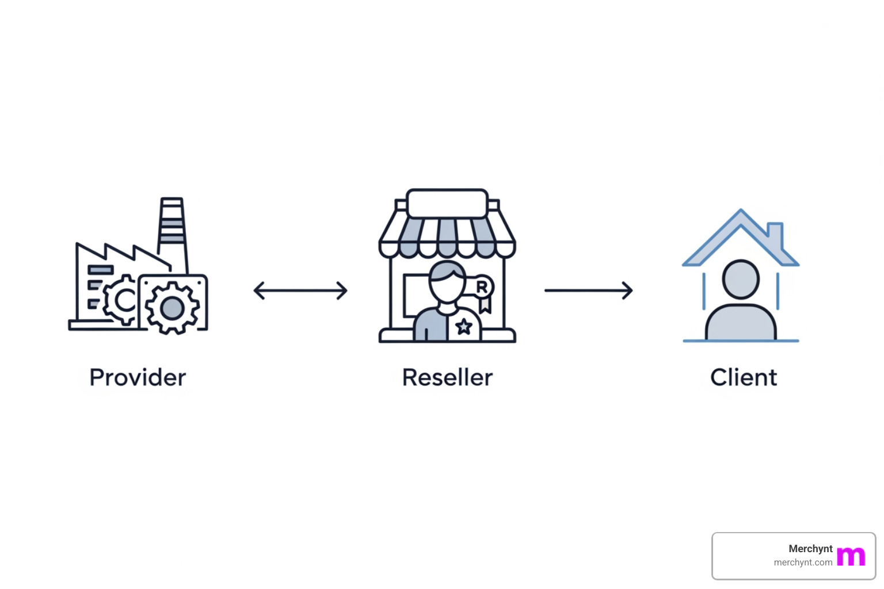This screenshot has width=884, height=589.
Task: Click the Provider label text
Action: [x=138, y=378]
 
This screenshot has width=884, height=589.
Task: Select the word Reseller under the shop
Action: [x=447, y=378]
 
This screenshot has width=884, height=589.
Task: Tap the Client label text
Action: [x=743, y=378]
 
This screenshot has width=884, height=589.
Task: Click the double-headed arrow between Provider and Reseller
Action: [x=300, y=290]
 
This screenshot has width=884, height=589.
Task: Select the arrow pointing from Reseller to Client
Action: [x=588, y=290]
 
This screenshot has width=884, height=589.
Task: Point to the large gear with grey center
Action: [x=172, y=308]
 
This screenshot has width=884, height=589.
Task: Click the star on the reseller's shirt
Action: [x=464, y=327]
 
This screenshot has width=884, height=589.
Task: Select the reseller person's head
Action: [x=447, y=282]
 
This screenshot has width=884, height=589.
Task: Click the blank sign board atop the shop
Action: [x=447, y=204]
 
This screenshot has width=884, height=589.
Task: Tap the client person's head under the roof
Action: [x=741, y=279]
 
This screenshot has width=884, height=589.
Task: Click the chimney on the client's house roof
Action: [x=775, y=234]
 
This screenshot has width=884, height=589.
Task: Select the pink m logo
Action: [x=851, y=556]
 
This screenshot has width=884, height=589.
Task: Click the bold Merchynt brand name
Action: [x=810, y=549]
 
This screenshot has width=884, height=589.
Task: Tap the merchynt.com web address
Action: [x=803, y=563]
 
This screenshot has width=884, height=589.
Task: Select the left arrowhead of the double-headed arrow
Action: [x=258, y=290]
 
